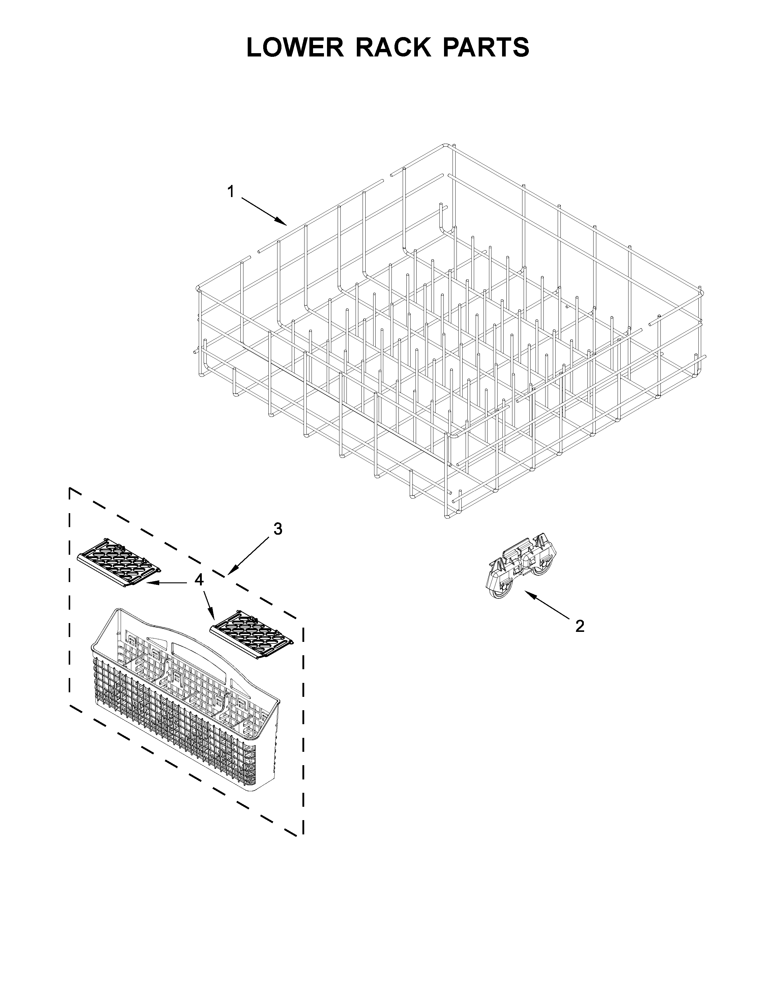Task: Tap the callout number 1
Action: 231,191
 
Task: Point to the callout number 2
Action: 580,626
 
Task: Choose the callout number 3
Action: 278,529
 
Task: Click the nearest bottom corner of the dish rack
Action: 448,516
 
